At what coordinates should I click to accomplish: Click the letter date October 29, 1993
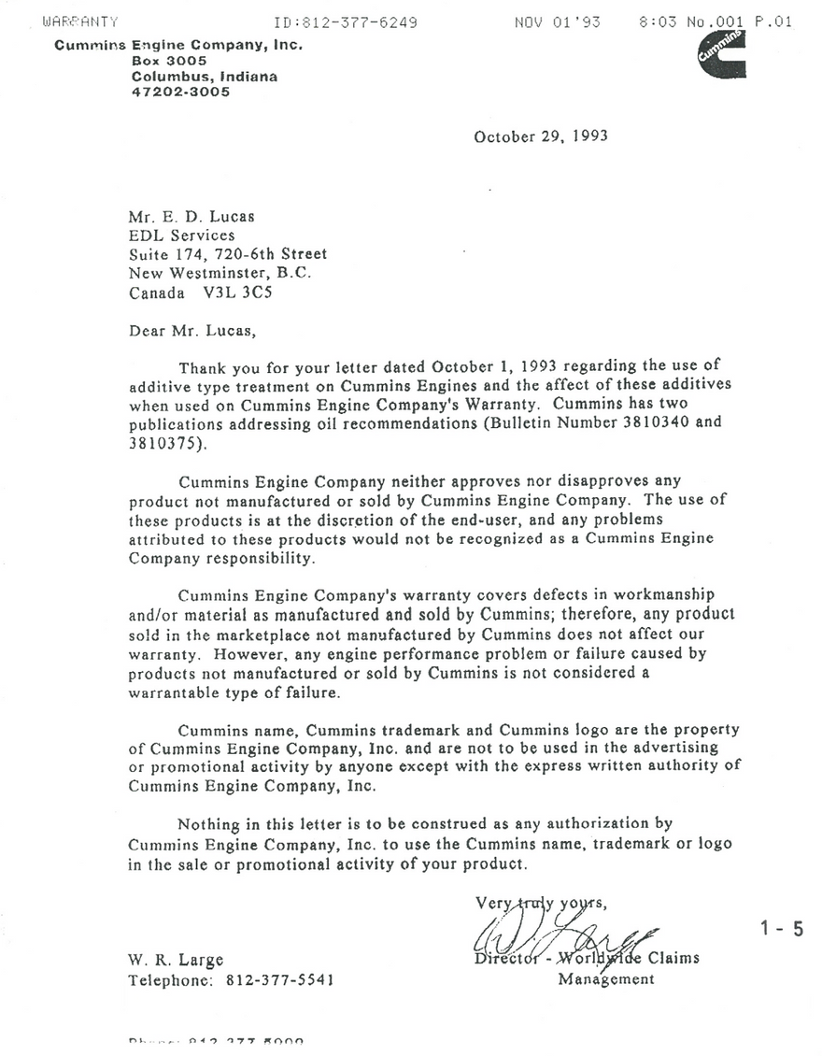(x=541, y=136)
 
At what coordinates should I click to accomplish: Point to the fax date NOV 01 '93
(x=557, y=22)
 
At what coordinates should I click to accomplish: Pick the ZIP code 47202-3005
(x=180, y=93)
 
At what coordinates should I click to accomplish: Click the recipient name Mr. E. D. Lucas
(x=191, y=217)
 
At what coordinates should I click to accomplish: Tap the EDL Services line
(x=181, y=235)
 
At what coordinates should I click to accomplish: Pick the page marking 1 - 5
(x=783, y=929)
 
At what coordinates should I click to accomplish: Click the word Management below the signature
(x=606, y=979)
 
